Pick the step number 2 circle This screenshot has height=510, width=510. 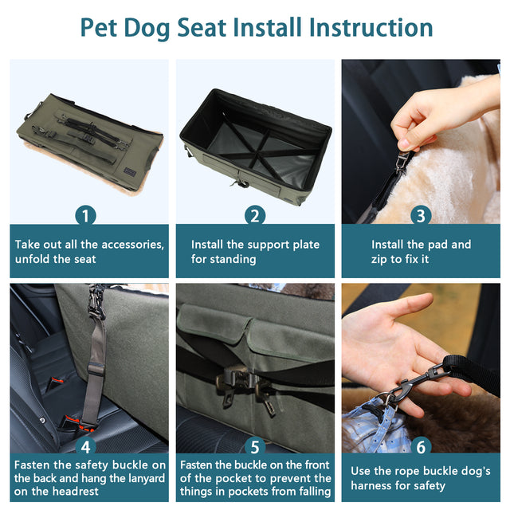click(x=255, y=215)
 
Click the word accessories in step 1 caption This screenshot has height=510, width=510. click(x=127, y=245)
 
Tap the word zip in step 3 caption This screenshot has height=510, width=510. click(x=382, y=260)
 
